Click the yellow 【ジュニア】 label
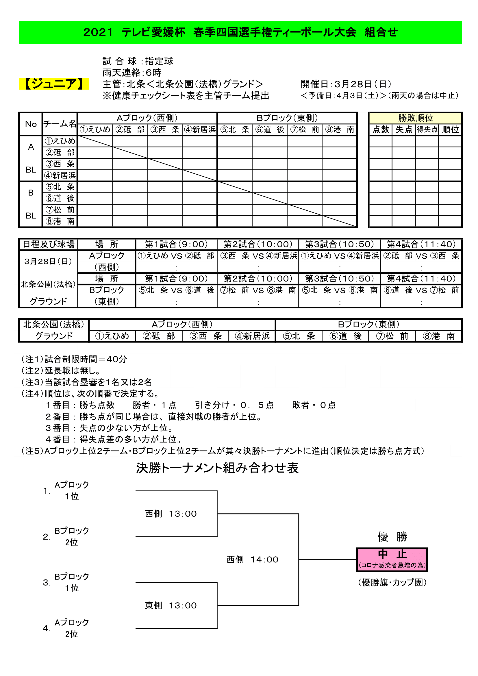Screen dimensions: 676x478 click(53, 84)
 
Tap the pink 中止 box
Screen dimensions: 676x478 click(392, 560)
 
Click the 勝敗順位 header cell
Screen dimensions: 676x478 click(415, 118)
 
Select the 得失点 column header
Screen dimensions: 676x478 click(427, 129)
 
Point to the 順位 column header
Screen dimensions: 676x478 click(450, 129)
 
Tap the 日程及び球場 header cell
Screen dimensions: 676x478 click(49, 245)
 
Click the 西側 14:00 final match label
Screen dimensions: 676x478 click(252, 560)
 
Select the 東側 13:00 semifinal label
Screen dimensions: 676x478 click(171, 605)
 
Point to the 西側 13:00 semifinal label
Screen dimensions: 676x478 click(171, 514)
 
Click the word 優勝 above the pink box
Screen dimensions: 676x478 click(392, 536)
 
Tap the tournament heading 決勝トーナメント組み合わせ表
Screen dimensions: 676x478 click(217, 468)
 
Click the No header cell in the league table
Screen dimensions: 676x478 click(31, 124)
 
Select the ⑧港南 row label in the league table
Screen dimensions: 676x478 click(60, 221)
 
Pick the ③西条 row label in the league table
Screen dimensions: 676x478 click(60, 164)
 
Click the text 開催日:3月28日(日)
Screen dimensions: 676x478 click(346, 84)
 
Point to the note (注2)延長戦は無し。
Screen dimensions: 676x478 click(61, 371)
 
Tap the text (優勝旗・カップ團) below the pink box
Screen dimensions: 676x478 click(392, 582)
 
